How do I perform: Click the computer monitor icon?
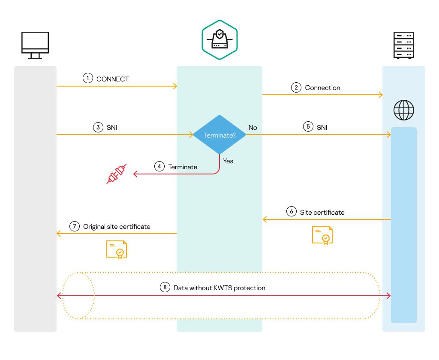(35, 45)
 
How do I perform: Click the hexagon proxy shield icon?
(219, 39)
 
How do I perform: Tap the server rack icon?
(403, 45)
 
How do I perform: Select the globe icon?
(404, 110)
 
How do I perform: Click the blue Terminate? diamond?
(219, 135)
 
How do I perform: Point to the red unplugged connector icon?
(117, 174)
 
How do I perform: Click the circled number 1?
(88, 78)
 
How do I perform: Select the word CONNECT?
(113, 79)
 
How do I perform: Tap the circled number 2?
(296, 87)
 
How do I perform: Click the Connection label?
(322, 87)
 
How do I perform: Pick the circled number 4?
(159, 167)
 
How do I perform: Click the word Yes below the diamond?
(228, 161)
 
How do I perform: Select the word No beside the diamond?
(253, 127)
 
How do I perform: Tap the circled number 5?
(308, 127)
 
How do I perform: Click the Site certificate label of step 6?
(322, 212)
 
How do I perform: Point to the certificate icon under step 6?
(322, 235)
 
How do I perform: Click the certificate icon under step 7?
(117, 249)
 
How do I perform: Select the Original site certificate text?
(117, 226)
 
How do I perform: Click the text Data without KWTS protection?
(219, 288)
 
